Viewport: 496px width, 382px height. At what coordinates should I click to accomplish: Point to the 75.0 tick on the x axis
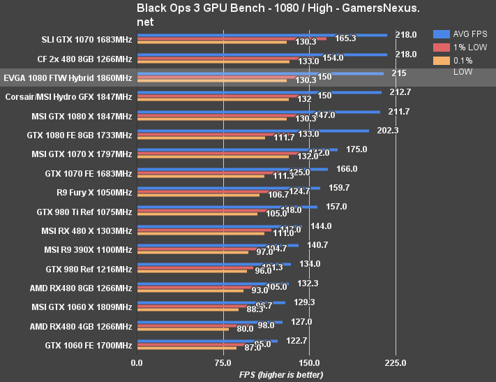[223, 362]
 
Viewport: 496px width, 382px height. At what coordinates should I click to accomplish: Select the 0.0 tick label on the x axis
[137, 362]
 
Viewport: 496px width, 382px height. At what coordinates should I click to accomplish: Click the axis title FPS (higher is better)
[281, 375]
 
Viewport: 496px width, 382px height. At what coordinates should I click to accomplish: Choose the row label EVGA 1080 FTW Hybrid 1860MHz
[68, 78]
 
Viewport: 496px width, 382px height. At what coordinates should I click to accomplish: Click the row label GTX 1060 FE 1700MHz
[89, 345]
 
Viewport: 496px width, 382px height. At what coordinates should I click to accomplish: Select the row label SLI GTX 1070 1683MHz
[86, 40]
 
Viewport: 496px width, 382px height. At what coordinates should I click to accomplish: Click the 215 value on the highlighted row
[399, 73]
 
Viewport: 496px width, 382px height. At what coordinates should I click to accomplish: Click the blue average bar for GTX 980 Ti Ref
[227, 207]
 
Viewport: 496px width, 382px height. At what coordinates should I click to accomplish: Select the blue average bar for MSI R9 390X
[218, 245]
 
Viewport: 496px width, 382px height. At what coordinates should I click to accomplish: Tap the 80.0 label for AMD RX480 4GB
[245, 329]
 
